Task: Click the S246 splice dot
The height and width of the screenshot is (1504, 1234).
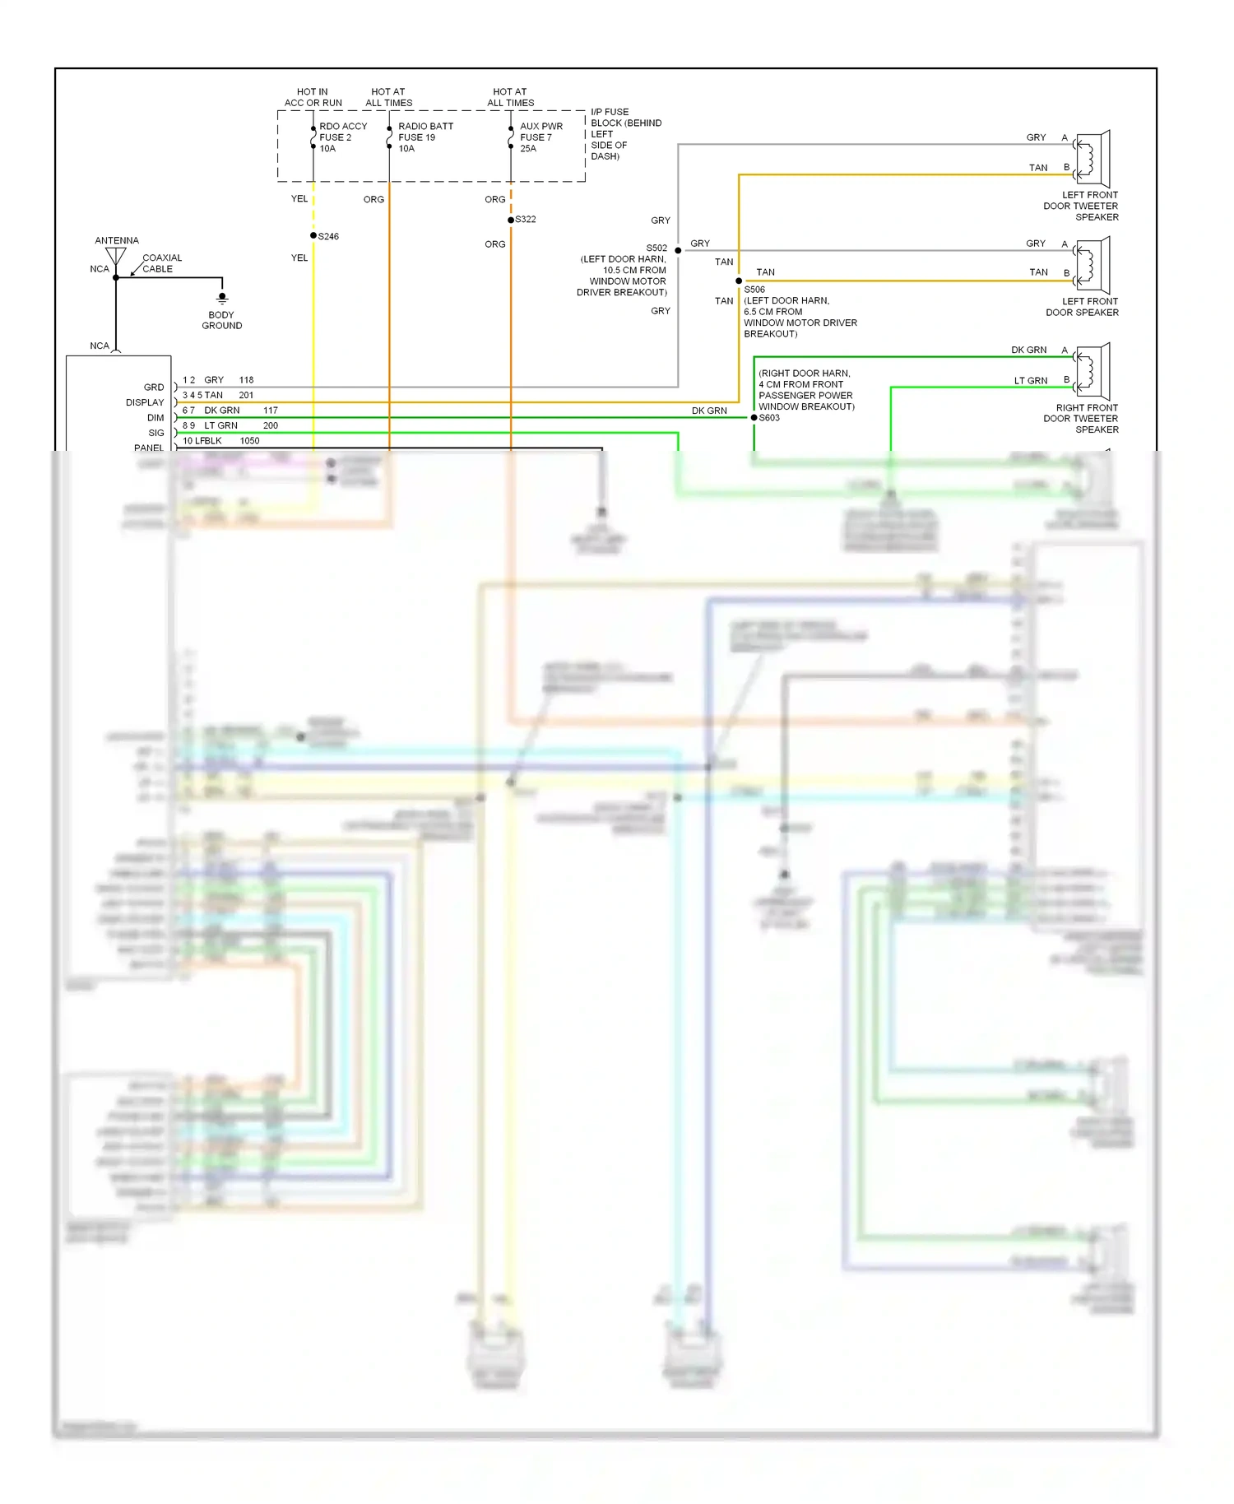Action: click(x=313, y=235)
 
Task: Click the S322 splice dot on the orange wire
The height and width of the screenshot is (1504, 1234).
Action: click(x=511, y=220)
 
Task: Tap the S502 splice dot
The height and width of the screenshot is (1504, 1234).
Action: click(x=678, y=250)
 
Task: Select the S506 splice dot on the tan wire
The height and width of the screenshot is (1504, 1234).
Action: click(x=739, y=281)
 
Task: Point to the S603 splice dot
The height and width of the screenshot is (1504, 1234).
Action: click(x=754, y=418)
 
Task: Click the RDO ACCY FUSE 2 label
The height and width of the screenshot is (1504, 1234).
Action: click(x=342, y=137)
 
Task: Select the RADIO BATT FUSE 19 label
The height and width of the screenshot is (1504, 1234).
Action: click(x=424, y=137)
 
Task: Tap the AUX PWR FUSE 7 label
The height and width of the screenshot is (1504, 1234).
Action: click(x=540, y=137)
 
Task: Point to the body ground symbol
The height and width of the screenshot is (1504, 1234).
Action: click(x=222, y=298)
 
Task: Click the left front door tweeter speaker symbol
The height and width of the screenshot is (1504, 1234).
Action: click(x=1093, y=158)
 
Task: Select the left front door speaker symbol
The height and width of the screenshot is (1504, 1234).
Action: click(x=1093, y=265)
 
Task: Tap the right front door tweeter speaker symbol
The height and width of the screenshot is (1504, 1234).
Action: click(x=1093, y=371)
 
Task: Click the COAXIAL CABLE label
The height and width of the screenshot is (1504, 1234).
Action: click(x=161, y=263)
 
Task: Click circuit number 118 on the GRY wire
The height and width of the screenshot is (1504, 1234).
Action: click(x=246, y=380)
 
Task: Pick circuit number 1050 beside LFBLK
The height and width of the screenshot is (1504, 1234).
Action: click(x=249, y=441)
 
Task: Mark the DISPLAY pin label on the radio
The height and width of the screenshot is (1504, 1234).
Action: click(x=145, y=402)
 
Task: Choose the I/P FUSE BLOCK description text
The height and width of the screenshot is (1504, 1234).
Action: click(x=624, y=134)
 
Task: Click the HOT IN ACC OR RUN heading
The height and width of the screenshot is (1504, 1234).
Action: click(x=313, y=97)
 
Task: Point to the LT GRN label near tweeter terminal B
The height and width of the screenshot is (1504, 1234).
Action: click(x=1030, y=381)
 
